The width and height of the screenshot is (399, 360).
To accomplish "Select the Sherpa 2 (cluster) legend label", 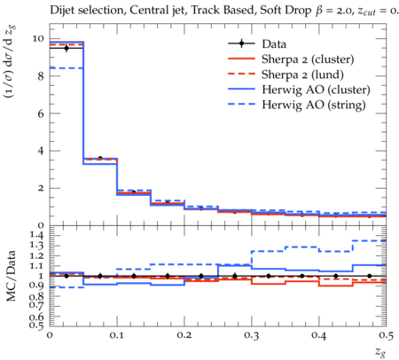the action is pos(308,59).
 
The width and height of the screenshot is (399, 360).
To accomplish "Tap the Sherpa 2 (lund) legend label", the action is pos(302,74).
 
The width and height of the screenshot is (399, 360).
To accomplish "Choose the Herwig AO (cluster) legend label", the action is pos(316,90).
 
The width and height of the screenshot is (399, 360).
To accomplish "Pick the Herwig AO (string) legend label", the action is pos(314,105).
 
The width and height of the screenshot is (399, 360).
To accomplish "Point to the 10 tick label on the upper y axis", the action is pos(38,39).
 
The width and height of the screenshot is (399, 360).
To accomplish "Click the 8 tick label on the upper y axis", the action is pos(41,76).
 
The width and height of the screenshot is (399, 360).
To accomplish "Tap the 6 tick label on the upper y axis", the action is pos(41,113).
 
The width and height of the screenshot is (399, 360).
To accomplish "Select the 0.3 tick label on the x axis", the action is pos(252,335).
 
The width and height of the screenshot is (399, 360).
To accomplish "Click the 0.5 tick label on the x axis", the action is pos(386,335).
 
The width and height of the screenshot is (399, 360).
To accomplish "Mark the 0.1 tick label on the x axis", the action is pos(117,335).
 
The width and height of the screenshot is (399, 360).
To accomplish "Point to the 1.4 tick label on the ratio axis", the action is pos(37,235).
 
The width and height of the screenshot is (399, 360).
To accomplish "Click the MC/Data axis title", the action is pos(11,276).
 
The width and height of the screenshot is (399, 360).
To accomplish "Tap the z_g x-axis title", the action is pos(380,351).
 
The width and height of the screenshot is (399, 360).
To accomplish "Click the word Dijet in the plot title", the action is pos(63,11).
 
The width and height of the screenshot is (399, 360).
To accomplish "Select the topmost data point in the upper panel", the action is pos(66,48).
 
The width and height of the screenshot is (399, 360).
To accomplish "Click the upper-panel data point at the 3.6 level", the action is pos(100,159).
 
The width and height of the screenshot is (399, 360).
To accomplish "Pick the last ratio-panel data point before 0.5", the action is pos(370,276).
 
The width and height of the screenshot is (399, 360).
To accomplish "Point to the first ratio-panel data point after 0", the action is pos(66,276).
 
